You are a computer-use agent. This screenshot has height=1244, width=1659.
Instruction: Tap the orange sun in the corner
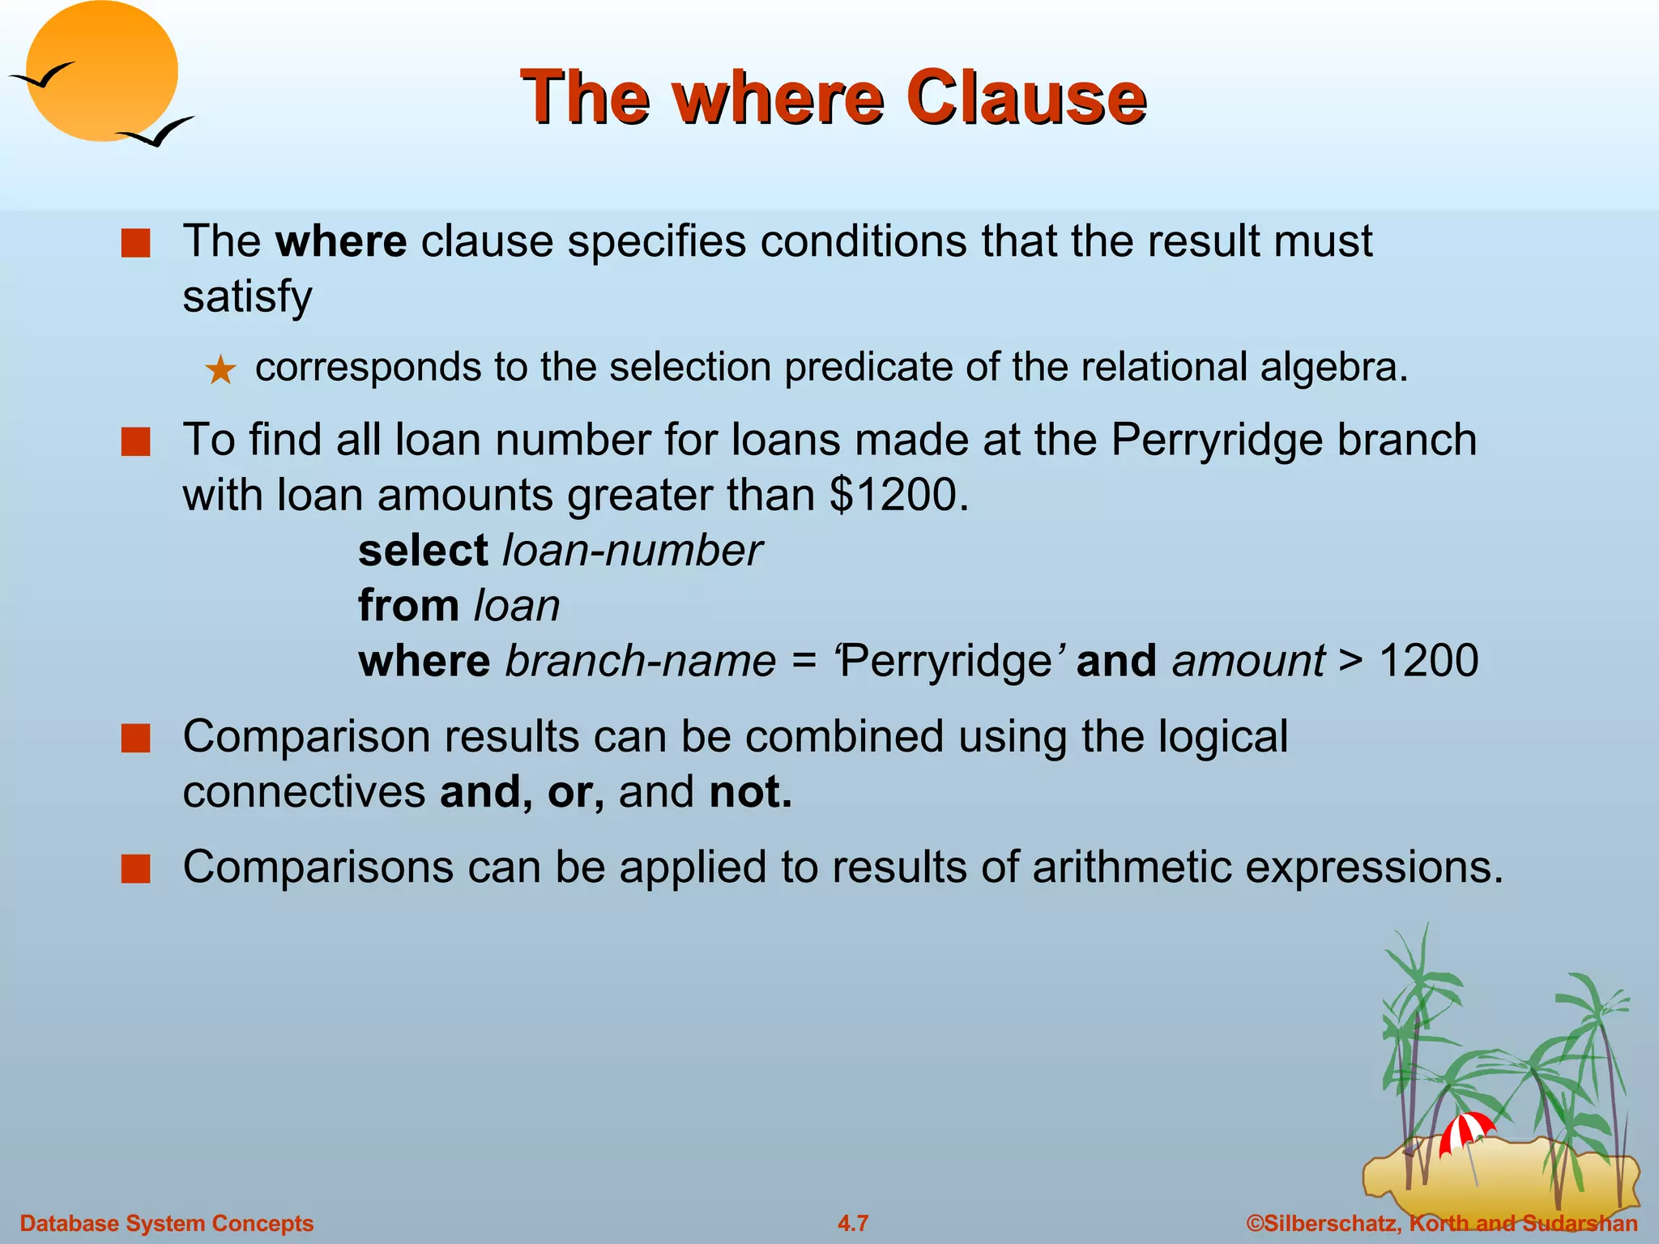click(x=101, y=71)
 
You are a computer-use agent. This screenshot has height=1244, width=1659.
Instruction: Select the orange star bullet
click(x=220, y=371)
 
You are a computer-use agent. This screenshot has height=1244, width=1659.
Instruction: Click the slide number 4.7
click(x=853, y=1223)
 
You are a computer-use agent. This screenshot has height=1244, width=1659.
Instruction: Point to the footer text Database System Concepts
click(x=166, y=1223)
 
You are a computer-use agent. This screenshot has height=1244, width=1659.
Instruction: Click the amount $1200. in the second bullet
click(x=899, y=494)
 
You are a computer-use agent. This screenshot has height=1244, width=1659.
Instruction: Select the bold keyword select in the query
click(x=423, y=551)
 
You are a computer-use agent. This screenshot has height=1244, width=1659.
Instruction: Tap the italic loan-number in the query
click(x=632, y=551)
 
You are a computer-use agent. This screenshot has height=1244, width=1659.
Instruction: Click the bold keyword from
click(x=408, y=606)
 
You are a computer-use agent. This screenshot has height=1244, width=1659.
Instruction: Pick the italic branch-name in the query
click(x=641, y=661)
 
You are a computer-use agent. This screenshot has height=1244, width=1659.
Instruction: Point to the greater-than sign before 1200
click(x=1350, y=661)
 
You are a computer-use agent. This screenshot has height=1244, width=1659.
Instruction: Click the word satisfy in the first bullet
click(x=247, y=296)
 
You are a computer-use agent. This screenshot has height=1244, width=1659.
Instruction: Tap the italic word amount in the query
click(x=1248, y=661)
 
